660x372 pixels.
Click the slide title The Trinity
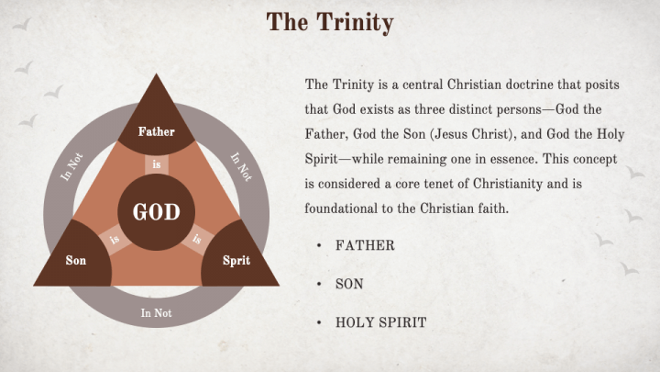click(x=330, y=22)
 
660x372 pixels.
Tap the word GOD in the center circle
click(x=156, y=212)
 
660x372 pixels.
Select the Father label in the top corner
click(x=156, y=131)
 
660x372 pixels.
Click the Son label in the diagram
click(x=76, y=260)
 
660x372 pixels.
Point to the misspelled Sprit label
click(x=236, y=260)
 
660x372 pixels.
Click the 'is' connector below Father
click(x=157, y=164)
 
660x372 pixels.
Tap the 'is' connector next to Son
click(x=115, y=240)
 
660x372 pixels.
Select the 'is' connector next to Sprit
click(x=197, y=239)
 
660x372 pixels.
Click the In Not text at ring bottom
click(x=156, y=313)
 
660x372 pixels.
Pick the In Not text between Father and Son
click(x=71, y=167)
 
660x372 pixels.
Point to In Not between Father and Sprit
click(x=242, y=167)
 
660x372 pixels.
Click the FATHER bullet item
click(x=365, y=245)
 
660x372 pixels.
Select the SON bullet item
click(x=349, y=284)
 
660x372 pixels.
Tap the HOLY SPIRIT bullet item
click(x=381, y=322)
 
